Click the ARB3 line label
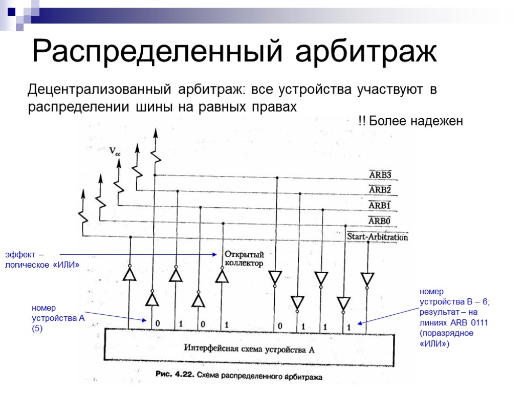point(380,175)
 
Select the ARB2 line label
point(380,190)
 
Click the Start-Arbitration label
point(377,237)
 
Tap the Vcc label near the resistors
point(115,151)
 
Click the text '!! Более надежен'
point(410,121)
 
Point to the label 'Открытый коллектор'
point(244,259)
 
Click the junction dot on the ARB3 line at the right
point(277,178)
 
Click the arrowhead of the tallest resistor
point(156,133)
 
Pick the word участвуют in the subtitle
point(391,91)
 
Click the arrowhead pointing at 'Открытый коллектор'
point(215,254)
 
